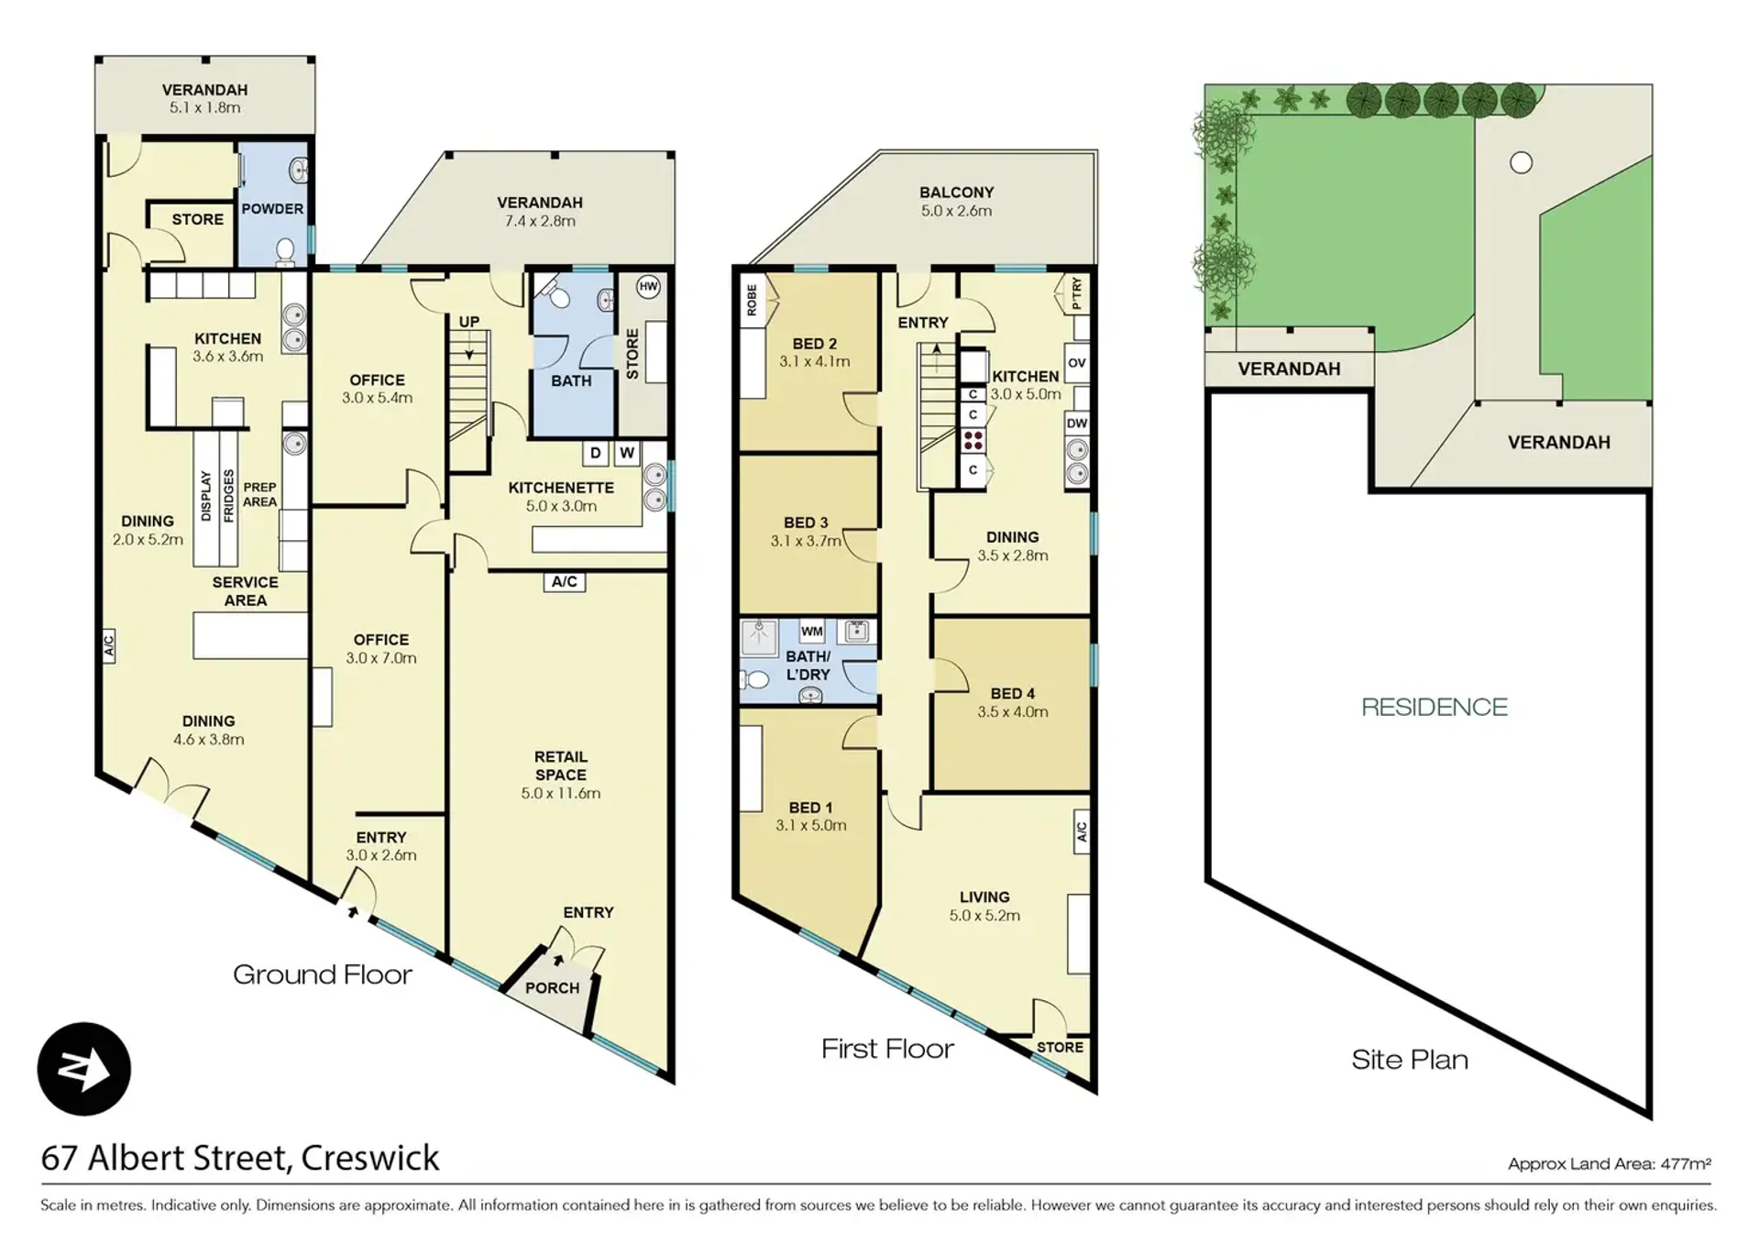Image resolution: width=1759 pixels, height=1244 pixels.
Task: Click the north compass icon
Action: coord(83,1068)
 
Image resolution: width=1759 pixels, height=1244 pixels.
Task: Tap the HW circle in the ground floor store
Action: coord(648,286)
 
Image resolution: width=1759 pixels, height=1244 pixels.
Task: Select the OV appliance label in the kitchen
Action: coord(1077,363)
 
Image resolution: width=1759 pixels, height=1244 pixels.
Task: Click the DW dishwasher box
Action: coord(1077,424)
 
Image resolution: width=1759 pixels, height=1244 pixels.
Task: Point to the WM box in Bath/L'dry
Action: coord(811,631)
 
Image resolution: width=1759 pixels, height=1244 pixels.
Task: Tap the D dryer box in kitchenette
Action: coord(596,453)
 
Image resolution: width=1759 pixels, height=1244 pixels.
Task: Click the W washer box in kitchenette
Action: coord(627,453)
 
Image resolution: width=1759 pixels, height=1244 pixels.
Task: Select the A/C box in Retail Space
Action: coord(565,581)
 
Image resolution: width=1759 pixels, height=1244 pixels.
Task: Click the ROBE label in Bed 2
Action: coord(752,300)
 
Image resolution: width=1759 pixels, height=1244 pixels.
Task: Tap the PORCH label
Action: coord(552,987)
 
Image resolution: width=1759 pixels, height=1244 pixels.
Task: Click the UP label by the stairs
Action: coord(469,322)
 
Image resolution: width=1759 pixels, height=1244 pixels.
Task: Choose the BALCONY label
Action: coord(957,193)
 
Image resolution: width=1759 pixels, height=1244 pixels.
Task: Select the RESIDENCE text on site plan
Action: coord(1434,707)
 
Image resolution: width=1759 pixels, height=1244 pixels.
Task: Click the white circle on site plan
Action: coord(1521,163)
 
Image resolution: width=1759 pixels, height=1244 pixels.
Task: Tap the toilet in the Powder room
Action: coord(285,249)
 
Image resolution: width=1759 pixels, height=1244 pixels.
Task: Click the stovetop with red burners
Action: coord(973,440)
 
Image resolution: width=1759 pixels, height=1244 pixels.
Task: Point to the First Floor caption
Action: coord(887,1049)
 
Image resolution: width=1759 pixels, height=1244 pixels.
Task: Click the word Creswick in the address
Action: coord(370,1158)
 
